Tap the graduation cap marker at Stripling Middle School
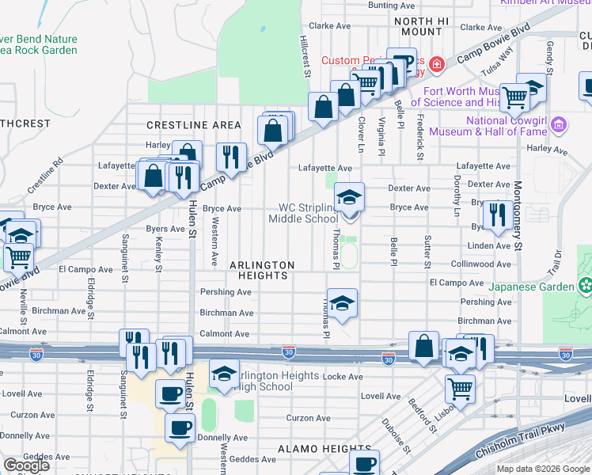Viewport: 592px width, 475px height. [x=349, y=198]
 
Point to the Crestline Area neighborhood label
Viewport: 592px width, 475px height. [x=194, y=125]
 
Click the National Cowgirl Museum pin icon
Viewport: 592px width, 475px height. [x=560, y=124]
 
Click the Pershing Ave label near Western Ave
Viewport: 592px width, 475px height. [x=226, y=292]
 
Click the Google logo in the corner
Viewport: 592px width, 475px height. [x=26, y=465]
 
